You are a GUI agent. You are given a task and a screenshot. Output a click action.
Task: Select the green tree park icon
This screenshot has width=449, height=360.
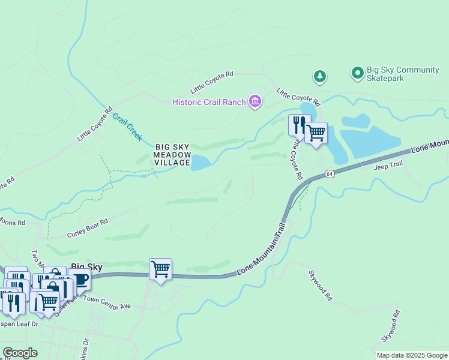click(320, 76)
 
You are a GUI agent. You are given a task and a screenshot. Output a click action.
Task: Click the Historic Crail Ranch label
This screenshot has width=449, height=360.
click(209, 102)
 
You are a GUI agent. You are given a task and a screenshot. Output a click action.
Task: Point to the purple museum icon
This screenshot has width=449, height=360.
click(255, 101)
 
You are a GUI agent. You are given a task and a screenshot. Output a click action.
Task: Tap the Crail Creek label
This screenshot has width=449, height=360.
click(127, 128)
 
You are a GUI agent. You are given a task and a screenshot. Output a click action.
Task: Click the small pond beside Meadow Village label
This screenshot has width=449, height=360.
click(200, 163)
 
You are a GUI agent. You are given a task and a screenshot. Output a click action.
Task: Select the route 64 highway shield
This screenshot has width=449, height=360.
click(330, 174)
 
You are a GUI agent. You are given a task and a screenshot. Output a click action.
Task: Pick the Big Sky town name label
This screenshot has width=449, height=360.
click(87, 266)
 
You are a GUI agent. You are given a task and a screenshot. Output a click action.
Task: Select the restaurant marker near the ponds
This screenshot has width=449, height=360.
click(298, 124)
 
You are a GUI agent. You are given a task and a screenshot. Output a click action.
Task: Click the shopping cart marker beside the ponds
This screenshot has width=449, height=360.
click(316, 133)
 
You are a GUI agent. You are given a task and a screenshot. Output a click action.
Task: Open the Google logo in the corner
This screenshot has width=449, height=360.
click(20, 353)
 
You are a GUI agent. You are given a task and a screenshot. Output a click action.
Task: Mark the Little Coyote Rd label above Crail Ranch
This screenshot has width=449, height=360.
click(211, 82)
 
